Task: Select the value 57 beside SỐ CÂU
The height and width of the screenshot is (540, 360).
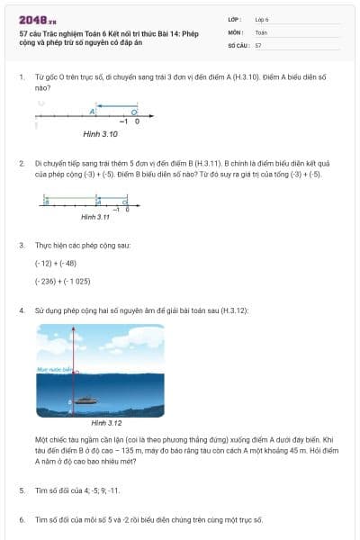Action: [258, 44]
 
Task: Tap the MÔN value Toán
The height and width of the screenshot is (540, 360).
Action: [261, 31]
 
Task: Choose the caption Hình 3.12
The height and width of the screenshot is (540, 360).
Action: [106, 421]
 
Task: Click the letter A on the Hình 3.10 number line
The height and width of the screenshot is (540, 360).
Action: [93, 112]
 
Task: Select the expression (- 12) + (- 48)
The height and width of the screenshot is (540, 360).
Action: [56, 263]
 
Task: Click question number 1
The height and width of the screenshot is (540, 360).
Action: [21, 78]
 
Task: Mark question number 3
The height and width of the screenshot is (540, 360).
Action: [21, 244]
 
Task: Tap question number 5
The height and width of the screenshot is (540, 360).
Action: [21, 490]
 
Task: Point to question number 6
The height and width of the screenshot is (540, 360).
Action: [21, 519]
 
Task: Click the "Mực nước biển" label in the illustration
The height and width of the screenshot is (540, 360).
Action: [51, 369]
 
